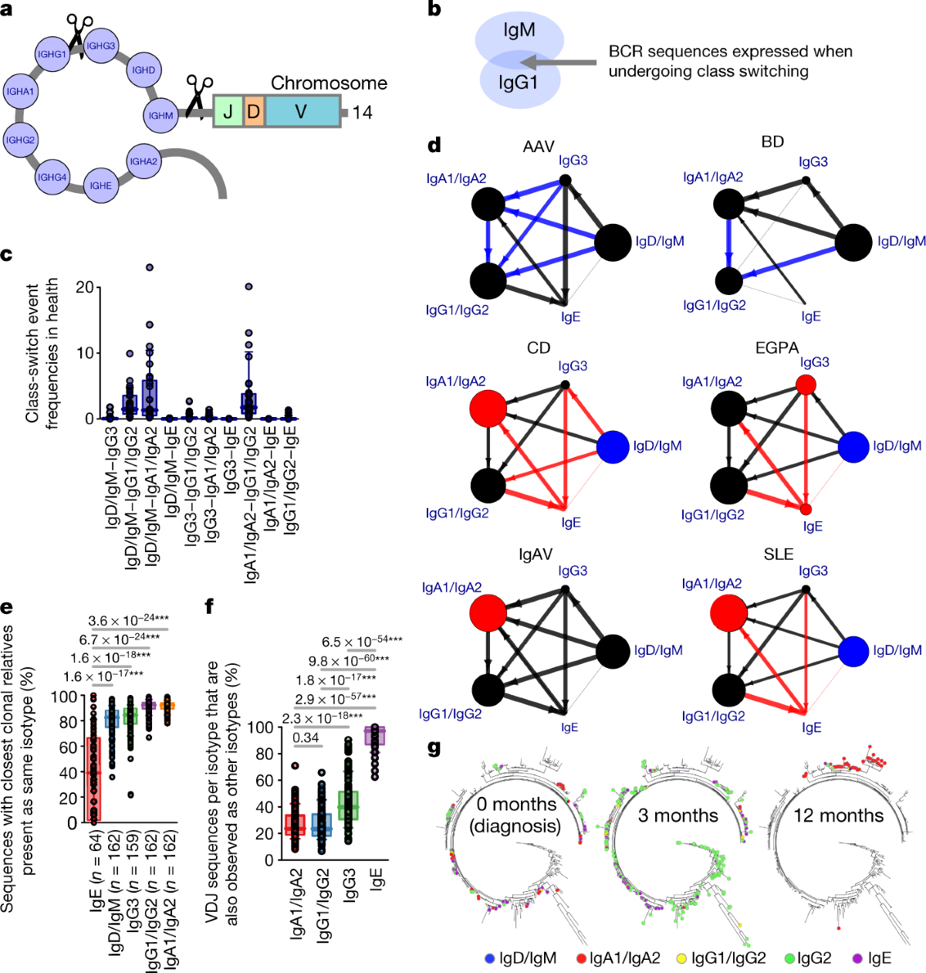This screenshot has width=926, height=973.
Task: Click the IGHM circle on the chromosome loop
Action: (161, 116)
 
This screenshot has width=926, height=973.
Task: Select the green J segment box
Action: (228, 112)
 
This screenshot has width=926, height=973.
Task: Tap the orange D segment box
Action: (254, 112)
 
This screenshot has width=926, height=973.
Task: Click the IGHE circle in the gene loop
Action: (100, 185)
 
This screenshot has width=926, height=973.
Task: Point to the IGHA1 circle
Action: (21, 91)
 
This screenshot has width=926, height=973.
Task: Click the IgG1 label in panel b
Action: (518, 82)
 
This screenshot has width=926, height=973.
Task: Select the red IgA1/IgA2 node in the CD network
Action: (488, 407)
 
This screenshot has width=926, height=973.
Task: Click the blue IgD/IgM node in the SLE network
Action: (853, 650)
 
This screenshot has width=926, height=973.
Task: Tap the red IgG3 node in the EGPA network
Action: (806, 384)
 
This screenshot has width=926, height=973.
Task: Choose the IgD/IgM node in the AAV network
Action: (613, 242)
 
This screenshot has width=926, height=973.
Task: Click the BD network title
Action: (772, 141)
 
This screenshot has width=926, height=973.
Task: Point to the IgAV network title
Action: (536, 554)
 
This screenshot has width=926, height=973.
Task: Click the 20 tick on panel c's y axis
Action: (85, 287)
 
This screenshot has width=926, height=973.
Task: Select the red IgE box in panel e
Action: (93, 780)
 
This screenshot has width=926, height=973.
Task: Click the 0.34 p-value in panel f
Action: (306, 737)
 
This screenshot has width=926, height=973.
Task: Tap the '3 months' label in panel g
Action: (678, 815)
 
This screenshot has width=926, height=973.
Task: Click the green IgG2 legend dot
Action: (789, 958)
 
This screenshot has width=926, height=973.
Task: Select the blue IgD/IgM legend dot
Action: (489, 958)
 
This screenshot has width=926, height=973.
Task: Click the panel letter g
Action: (434, 748)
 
